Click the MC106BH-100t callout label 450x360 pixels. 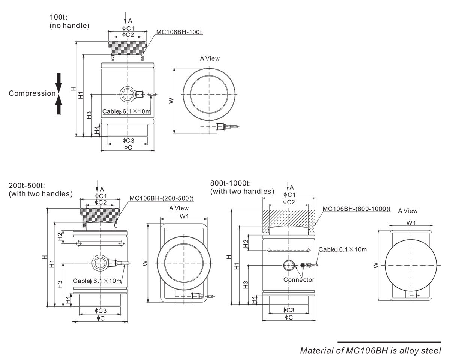(179, 32)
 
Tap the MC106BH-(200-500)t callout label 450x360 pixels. (161, 198)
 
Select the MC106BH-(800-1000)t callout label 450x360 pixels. (357, 208)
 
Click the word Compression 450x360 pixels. (32, 93)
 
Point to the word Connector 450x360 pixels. (299, 280)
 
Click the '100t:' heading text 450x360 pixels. (57, 17)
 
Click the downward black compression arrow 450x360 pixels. (58, 81)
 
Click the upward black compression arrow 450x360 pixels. (58, 105)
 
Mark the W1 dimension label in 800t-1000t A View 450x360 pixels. (411, 223)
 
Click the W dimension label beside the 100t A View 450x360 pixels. (171, 100)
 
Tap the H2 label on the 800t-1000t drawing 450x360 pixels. (246, 243)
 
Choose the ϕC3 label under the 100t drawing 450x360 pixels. (128, 140)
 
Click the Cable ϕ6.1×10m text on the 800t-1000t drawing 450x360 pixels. (343, 249)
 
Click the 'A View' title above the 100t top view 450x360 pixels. (210, 58)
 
